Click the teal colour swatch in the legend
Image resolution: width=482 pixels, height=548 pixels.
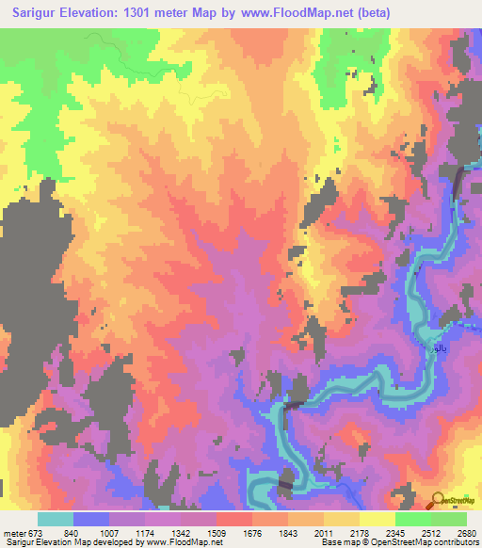tap(55, 519)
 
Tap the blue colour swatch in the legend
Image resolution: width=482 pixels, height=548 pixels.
tap(90, 519)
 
